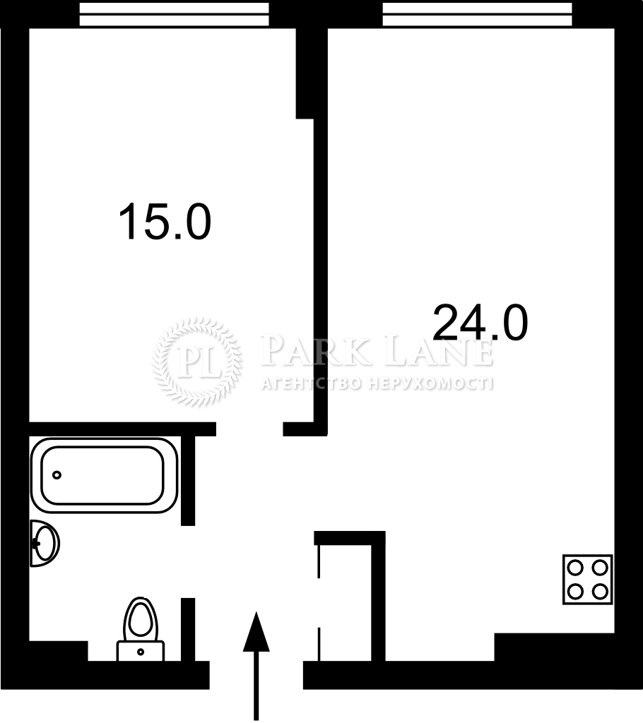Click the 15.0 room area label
pyautogui.click(x=165, y=222)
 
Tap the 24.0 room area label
pyautogui.click(x=480, y=322)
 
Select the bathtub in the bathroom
pyautogui.click(x=105, y=475)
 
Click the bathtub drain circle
pyautogui.click(x=57, y=475)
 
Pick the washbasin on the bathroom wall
pyautogui.click(x=45, y=543)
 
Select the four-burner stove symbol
pyautogui.click(x=588, y=580)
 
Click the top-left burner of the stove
pyautogui.click(x=576, y=568)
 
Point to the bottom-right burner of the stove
pyautogui.click(x=600, y=592)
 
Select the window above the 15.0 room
pyautogui.click(x=174, y=14)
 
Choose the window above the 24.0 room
pyautogui.click(x=477, y=14)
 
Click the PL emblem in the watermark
pyautogui.click(x=198, y=362)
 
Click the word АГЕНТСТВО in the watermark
pyautogui.click(x=312, y=383)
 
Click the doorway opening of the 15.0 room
pyautogui.click(x=249, y=429)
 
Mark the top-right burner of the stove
pyautogui.click(x=600, y=568)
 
